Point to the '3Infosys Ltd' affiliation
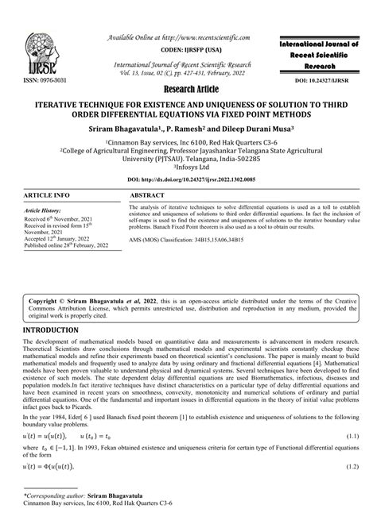(188, 168)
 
